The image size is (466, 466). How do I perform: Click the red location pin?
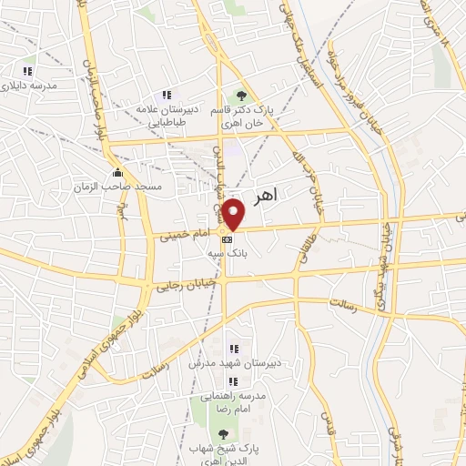click(234, 215)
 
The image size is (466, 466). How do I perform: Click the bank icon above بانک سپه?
click(227, 238)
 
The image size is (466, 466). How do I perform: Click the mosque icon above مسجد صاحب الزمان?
click(116, 173)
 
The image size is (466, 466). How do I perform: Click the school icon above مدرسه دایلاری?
click(27, 71)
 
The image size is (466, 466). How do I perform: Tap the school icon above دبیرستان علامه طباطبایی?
click(167, 95)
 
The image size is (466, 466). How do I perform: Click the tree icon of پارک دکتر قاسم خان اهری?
click(241, 95)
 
